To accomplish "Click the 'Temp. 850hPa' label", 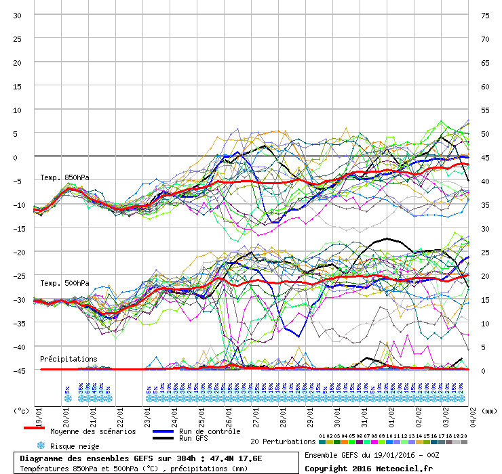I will click(64, 178).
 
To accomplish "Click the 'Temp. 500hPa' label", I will click(64, 283).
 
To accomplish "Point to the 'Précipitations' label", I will click(69, 359).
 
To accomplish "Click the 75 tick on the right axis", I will click(485, 15).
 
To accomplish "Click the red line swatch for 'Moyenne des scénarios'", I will click(34, 428).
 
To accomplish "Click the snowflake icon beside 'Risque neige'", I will click(41, 446).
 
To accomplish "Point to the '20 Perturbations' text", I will click(282, 441).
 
